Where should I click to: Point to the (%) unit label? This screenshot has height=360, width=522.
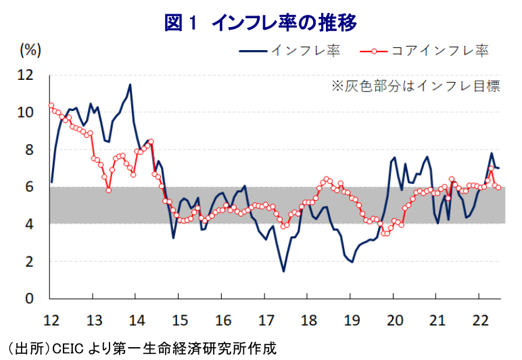tap(30, 49)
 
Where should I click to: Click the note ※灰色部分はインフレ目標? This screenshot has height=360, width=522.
tap(414, 86)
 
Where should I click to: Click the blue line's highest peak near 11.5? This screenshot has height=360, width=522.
tap(130, 85)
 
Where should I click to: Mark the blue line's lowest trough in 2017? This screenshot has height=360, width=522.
tap(283, 271)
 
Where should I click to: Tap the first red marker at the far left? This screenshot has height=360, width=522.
tap(51, 105)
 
